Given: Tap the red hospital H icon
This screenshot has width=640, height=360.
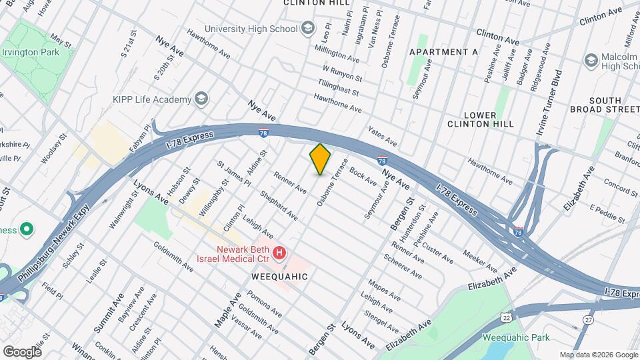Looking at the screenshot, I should click(x=279, y=253).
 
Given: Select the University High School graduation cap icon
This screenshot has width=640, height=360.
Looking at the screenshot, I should click(x=307, y=28).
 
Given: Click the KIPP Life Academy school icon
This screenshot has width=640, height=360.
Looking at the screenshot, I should click(x=201, y=99).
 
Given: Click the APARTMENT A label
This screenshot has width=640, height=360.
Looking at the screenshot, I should click(x=443, y=52).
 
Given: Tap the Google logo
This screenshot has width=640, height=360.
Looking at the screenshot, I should click(x=22, y=351).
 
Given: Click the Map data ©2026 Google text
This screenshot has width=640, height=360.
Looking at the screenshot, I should click(x=598, y=355).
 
